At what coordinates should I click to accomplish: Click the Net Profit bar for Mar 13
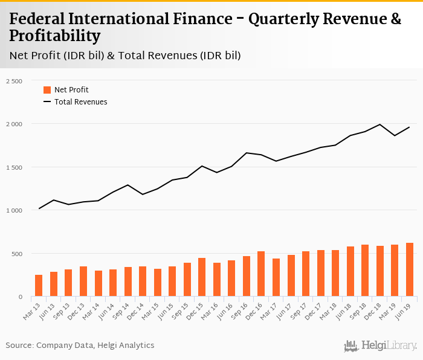[39, 286]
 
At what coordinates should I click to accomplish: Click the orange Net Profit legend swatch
[47, 90]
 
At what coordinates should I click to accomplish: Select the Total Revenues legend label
[80, 102]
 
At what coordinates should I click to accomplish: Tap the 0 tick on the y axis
[19, 297]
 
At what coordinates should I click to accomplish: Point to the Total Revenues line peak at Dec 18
[379, 124]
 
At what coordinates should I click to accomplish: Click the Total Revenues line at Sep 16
[246, 153]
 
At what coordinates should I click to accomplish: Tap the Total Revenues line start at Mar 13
[39, 208]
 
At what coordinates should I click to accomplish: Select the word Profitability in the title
[55, 37]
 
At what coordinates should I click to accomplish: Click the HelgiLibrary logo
[381, 346]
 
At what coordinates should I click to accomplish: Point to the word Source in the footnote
[19, 345]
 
